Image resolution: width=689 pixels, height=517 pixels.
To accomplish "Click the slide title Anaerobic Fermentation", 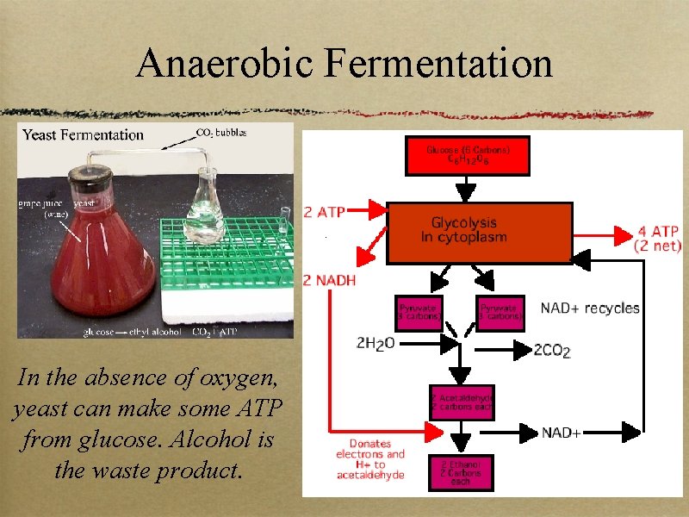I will [344, 63].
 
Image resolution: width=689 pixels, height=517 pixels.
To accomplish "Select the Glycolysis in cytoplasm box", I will [480, 232].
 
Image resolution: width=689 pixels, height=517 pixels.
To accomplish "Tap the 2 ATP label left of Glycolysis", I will [326, 210].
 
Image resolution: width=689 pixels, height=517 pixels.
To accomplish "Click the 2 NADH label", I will [330, 280].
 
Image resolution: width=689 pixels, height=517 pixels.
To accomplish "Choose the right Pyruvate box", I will [500, 312].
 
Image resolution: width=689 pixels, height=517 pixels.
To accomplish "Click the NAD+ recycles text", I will [590, 308].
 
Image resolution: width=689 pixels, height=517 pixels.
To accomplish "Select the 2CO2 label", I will [553, 349].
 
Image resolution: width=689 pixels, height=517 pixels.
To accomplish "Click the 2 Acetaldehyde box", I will [462, 402].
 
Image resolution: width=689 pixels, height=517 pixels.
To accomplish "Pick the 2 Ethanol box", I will [462, 471].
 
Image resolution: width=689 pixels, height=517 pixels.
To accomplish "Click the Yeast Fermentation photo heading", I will [83, 134].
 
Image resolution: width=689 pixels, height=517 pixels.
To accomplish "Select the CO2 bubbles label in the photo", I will [221, 132].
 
